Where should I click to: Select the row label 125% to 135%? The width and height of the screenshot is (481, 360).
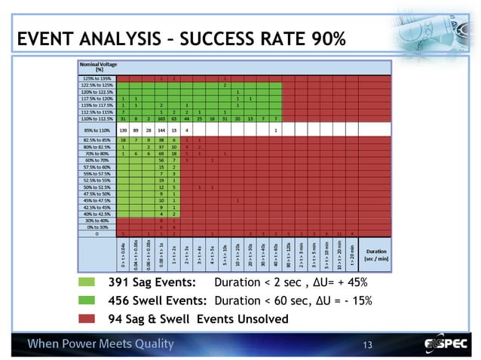coord(98,78)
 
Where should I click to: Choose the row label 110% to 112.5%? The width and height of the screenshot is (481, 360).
coord(98,118)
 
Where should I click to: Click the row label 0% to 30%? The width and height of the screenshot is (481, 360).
coord(98,226)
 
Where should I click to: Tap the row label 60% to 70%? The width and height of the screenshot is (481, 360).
coord(98,160)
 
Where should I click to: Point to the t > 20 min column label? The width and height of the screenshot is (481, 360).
coord(352,253)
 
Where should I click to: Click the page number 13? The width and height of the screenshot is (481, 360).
coord(368,345)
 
